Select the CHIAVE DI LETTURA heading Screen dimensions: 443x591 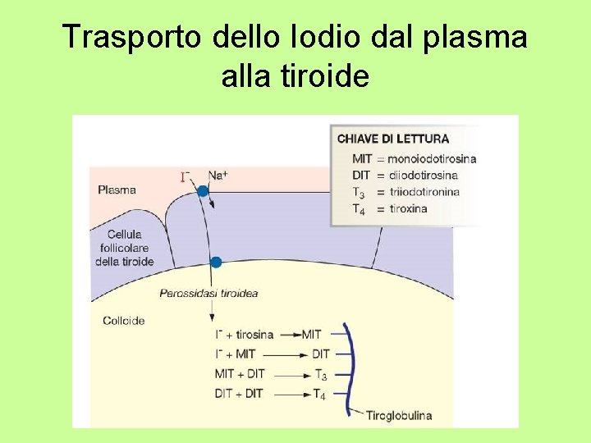(x=393, y=139)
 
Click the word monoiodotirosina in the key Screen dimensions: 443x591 (x=432, y=158)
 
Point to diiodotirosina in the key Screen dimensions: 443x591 (x=424, y=175)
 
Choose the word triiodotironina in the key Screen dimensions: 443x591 (x=424, y=192)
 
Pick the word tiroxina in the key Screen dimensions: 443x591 (x=407, y=208)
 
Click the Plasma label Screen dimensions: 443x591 (x=117, y=190)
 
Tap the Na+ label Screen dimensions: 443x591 (x=218, y=175)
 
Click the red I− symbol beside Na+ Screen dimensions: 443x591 (x=186, y=176)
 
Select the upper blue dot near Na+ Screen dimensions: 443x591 (x=203, y=191)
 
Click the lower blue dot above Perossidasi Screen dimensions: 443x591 (x=216, y=263)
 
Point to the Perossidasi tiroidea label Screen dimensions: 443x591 (x=208, y=293)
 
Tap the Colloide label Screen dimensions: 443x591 (x=124, y=320)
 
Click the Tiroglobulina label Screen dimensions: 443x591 (x=399, y=415)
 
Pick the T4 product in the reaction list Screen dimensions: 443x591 (x=319, y=395)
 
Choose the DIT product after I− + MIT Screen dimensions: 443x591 (x=320, y=354)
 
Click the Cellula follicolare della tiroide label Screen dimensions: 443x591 (x=124, y=248)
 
